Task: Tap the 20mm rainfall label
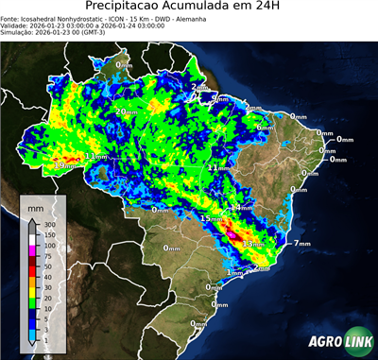point(125,111)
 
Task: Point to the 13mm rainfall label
point(251,245)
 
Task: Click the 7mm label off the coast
point(302,244)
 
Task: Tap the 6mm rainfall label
point(265,128)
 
